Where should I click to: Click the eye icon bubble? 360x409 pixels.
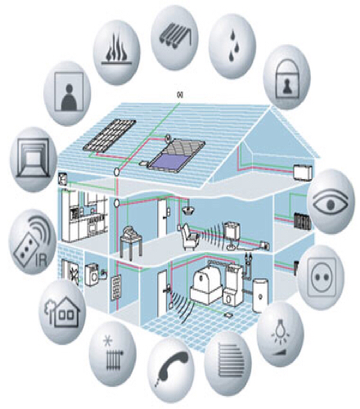[331, 201]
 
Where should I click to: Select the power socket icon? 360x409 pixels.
[322, 277]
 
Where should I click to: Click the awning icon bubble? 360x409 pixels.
[174, 38]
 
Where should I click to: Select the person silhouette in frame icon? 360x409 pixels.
[69, 92]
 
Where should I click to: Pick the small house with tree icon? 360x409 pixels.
[62, 312]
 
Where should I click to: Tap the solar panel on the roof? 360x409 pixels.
[110, 136]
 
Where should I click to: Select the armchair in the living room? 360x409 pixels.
[189, 236]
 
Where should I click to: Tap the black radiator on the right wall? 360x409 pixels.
[302, 222]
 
